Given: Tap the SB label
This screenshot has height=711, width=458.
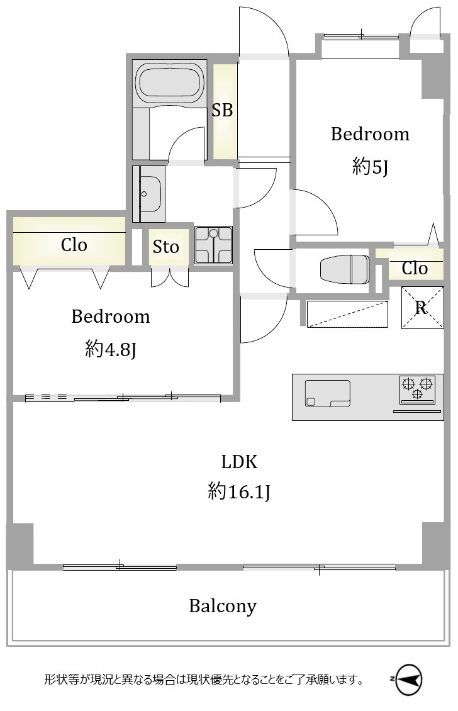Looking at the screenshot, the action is pos(222,109).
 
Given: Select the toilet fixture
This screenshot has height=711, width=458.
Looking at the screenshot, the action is pos(345,269).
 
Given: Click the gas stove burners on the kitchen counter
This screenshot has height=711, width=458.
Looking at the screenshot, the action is pos(417,389).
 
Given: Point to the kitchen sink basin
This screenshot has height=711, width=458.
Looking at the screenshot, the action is pos(327,393).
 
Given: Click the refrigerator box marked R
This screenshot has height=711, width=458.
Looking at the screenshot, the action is pos(422,308).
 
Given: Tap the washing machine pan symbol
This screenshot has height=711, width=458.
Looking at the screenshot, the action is pos(213,245).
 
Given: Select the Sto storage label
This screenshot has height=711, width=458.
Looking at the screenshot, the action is pos(165,247).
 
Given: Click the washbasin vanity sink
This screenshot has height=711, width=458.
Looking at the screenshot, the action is pos(148,194).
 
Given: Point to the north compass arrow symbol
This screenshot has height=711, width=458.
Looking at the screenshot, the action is pos(408,679).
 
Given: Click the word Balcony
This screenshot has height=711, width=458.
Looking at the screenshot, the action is pos(223,607).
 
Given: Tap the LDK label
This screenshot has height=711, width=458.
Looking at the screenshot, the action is pos(239,462).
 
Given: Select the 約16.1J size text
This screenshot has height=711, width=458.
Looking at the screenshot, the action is pos(239,491).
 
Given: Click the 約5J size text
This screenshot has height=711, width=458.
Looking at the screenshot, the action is pos(370,167).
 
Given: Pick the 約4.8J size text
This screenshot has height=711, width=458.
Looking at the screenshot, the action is pos(111,349).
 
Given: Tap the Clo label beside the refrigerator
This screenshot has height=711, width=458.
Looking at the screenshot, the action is pos(415,269).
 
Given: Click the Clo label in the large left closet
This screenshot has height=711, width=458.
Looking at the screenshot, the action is pos(74,245).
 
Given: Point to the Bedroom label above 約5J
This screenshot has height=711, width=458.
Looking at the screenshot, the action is pos(370,134).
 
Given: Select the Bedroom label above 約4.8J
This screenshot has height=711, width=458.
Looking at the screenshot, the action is pos(111,316).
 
